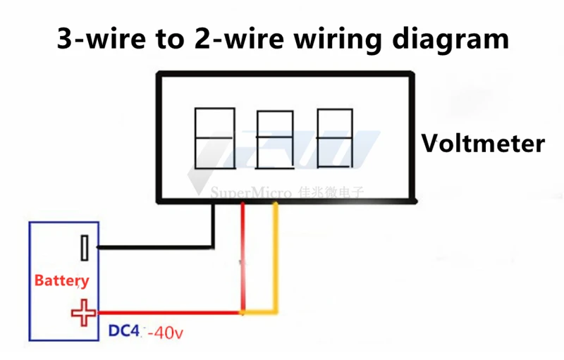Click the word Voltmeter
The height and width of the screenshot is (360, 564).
click(483, 144)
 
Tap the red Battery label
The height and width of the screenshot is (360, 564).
click(62, 280)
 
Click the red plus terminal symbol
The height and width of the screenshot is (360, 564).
click(84, 313)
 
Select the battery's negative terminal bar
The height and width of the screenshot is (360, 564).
click(85, 247)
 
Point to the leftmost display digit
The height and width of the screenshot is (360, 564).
click(214, 138)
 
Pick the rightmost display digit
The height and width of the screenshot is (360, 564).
click(334, 138)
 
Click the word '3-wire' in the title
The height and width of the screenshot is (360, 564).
click(102, 38)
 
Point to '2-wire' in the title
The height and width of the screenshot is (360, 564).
click(230, 38)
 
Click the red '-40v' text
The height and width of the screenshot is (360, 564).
click(163, 331)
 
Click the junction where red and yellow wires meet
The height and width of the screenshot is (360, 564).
click(243, 312)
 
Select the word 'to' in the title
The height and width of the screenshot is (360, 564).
click(167, 38)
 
